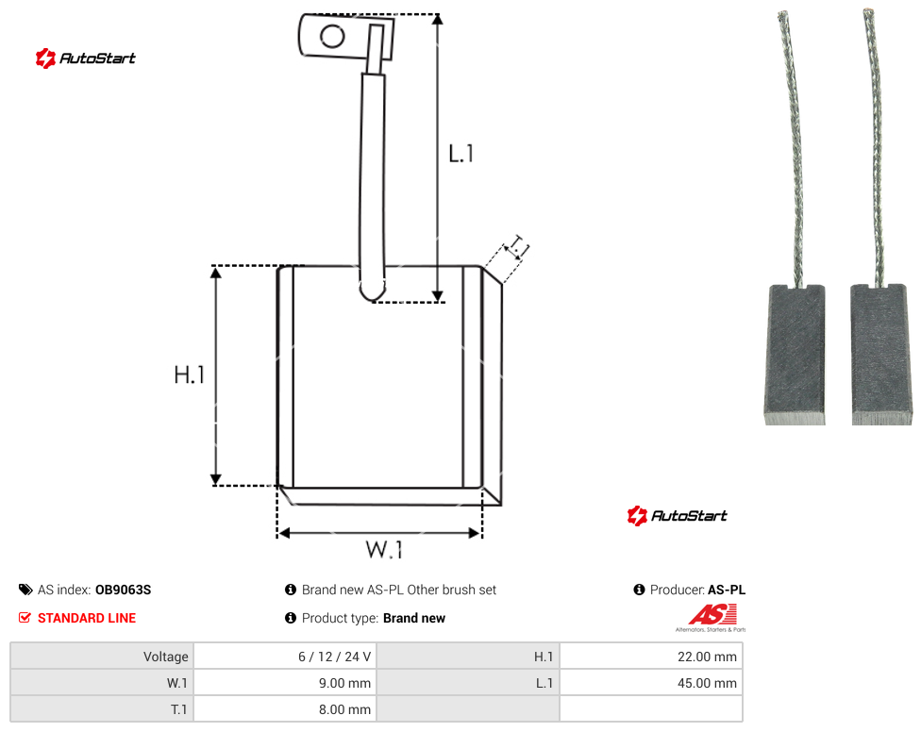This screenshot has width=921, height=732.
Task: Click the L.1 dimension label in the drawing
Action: point(461,154)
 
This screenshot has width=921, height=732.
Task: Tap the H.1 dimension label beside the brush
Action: point(189,374)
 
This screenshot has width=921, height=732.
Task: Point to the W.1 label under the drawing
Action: point(384,549)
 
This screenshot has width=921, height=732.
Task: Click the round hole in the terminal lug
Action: point(332,37)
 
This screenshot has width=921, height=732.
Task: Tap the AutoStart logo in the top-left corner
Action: point(86,58)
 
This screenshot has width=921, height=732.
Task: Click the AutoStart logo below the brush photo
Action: point(678,515)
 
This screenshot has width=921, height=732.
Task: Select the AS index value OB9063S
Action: point(124,590)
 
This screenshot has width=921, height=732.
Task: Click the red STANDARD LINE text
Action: point(87,618)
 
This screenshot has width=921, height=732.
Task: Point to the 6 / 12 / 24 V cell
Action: point(286,657)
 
